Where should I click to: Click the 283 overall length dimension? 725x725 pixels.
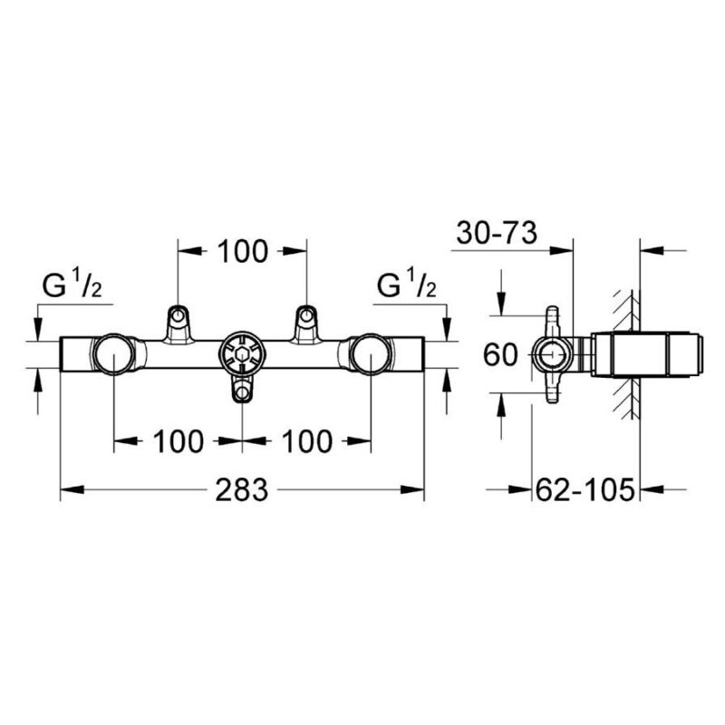point(242,489)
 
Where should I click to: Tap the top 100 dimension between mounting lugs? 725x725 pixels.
point(243,252)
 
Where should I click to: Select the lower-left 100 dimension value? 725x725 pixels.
point(179,441)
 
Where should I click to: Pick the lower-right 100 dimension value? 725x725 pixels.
point(307,441)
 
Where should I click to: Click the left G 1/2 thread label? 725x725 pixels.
point(72,285)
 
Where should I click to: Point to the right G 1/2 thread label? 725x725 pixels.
point(407,285)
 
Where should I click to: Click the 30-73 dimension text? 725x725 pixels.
point(497,233)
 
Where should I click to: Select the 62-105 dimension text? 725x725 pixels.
point(585,489)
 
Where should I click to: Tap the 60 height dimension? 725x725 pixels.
point(499,355)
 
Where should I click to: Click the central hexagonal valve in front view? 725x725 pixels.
point(242,353)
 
